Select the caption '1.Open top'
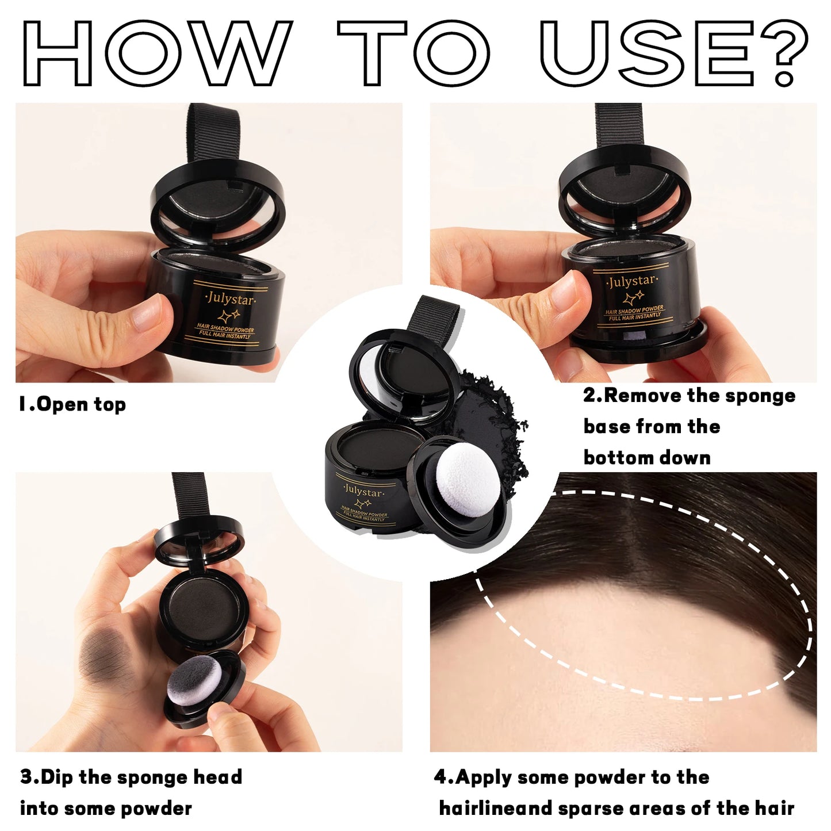pos(72,404)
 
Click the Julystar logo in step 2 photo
pos(631,282)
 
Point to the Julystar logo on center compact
pos(362,492)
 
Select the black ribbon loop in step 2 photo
pos(618,129)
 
